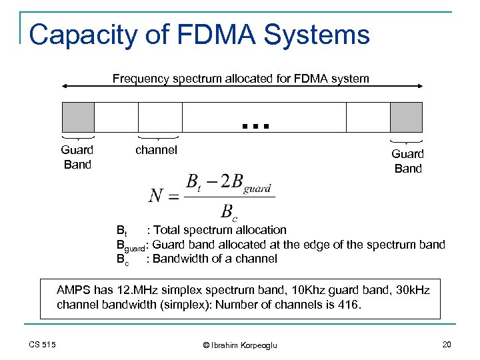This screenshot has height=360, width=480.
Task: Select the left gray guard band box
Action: click(x=78, y=117)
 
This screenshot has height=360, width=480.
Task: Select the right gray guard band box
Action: click(x=406, y=117)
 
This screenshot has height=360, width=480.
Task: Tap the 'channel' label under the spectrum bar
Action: click(x=156, y=150)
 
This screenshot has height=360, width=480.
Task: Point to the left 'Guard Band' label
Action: click(x=77, y=157)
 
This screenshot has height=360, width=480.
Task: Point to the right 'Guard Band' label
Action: click(x=407, y=161)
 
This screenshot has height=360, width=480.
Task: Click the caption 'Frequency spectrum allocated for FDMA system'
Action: click(x=241, y=79)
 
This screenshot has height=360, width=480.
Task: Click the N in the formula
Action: click(x=157, y=195)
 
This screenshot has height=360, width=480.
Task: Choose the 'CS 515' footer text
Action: click(x=43, y=344)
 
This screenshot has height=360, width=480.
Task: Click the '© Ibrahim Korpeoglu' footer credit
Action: click(x=239, y=344)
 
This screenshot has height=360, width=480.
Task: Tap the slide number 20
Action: click(x=446, y=344)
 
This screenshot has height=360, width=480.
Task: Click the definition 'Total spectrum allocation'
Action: click(x=219, y=230)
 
